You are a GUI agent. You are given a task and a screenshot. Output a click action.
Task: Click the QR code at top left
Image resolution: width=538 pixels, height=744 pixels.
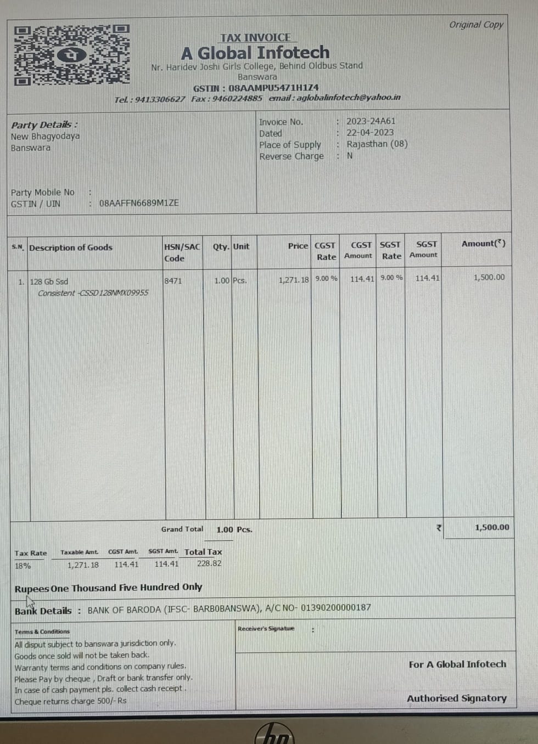pyautogui.click(x=71, y=55)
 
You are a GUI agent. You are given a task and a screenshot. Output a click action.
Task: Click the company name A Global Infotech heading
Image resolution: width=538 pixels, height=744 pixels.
pyautogui.click(x=255, y=53)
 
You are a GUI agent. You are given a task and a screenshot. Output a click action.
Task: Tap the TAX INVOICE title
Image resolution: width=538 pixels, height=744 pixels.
pyautogui.click(x=255, y=37)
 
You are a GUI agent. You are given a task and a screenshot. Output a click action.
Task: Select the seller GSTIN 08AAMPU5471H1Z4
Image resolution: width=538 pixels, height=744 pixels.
pyautogui.click(x=273, y=88)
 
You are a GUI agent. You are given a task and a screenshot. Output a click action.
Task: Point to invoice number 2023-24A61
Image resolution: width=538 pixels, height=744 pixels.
pyautogui.click(x=371, y=121)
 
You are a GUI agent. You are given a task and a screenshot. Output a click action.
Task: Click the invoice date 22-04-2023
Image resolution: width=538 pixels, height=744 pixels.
pyautogui.click(x=369, y=133)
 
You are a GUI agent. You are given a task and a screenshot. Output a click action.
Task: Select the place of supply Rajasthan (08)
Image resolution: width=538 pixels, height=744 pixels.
pyautogui.click(x=377, y=144)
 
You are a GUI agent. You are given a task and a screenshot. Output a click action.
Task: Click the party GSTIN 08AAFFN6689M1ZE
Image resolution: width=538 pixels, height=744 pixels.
pyautogui.click(x=138, y=203)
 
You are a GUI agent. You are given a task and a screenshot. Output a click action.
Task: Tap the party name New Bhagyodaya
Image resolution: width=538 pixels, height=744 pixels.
pyautogui.click(x=45, y=136)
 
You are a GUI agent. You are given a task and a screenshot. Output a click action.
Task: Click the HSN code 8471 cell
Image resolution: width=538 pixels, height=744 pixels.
pyautogui.click(x=173, y=280)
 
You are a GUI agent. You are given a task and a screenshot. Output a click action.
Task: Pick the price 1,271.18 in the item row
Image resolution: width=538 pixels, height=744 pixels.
pyautogui.click(x=294, y=280)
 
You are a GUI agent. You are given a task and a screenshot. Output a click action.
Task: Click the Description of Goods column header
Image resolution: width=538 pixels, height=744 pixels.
pyautogui.click(x=71, y=247)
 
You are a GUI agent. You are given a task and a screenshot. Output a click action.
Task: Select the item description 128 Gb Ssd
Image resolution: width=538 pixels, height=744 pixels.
pyautogui.click(x=49, y=281)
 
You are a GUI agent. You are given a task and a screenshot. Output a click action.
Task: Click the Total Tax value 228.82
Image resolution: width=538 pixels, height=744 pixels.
pyautogui.click(x=209, y=563)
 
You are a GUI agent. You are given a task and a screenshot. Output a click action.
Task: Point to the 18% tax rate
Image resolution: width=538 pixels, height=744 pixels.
pyautogui.click(x=23, y=566)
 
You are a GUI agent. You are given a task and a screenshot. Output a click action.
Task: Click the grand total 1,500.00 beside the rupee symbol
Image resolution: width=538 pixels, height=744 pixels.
pyautogui.click(x=491, y=527)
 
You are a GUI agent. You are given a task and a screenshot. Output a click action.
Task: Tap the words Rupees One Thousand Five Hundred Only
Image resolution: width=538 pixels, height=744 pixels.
pyautogui.click(x=108, y=588)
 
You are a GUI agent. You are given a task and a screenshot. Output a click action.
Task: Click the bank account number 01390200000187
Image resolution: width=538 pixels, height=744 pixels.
pyautogui.click(x=335, y=607)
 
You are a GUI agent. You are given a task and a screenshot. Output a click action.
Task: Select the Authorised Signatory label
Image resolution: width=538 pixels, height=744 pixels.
pyautogui.click(x=456, y=698)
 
